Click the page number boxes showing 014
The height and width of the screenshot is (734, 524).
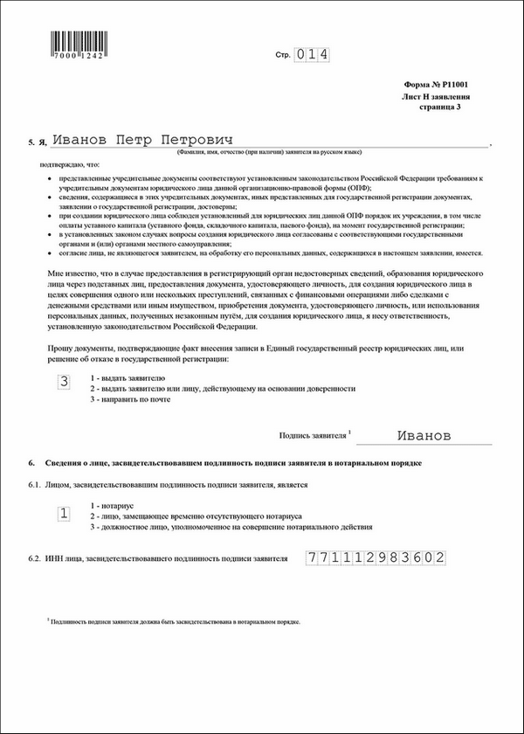click(311, 54)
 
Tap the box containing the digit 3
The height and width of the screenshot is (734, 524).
click(63, 381)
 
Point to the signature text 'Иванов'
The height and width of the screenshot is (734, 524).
click(424, 434)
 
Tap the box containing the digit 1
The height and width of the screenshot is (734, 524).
click(63, 514)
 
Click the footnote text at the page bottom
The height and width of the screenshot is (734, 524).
click(175, 621)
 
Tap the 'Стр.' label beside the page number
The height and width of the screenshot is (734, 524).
click(282, 55)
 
